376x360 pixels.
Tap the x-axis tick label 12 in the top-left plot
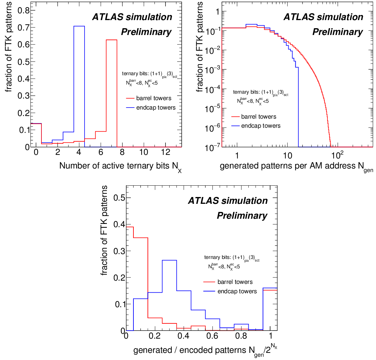(165, 152)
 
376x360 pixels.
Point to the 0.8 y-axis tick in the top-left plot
(23, 10)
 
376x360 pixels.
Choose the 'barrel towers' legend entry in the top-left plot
(154, 98)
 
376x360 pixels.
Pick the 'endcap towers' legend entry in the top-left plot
(156, 108)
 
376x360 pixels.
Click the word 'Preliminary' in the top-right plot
(337, 32)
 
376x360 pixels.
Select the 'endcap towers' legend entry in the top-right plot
(261, 126)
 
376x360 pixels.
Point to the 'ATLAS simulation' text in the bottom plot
(228, 201)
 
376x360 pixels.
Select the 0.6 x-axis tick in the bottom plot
(212, 336)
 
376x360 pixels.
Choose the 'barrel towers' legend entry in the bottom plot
(235, 282)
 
